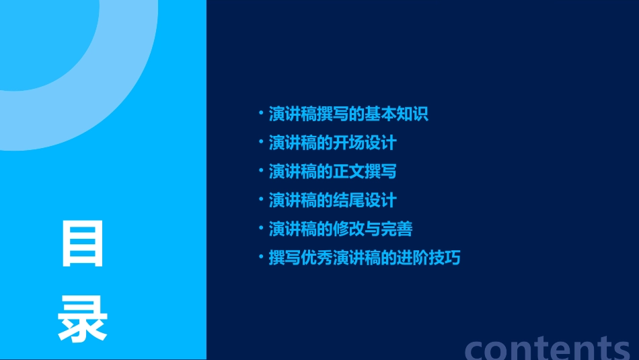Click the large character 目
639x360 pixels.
tap(83, 244)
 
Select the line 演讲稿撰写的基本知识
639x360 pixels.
tap(348, 114)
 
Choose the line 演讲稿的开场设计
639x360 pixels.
tap(332, 143)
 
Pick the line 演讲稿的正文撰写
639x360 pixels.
tap(332, 172)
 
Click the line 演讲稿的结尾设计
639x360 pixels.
tap(332, 201)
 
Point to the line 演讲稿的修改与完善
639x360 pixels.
tap(340, 229)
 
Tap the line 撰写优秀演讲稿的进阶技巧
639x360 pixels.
tap(365, 258)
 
